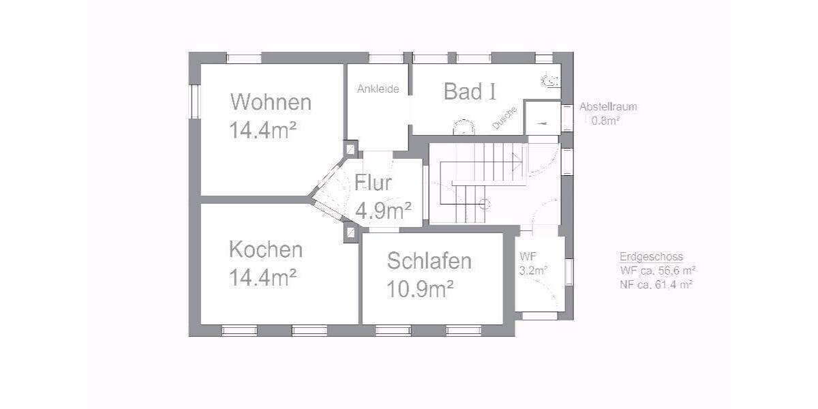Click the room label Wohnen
[x=271, y=102]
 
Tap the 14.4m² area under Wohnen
[x=262, y=130]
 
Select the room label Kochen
[x=265, y=249]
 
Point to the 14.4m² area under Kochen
[x=262, y=277]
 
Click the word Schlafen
[x=429, y=260]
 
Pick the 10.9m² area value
[x=420, y=289]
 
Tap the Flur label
[x=373, y=183]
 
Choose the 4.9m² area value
[x=383, y=211]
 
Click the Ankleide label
[x=378, y=89]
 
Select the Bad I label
[x=470, y=91]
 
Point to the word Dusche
[x=505, y=117]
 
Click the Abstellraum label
[x=608, y=107]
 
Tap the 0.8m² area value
[x=605, y=121]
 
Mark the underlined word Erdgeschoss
[x=651, y=257]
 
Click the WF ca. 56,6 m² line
[x=656, y=271]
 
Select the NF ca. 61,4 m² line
[x=656, y=285]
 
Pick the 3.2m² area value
[x=533, y=270]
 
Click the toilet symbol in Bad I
[x=550, y=82]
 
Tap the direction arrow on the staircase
[x=516, y=162]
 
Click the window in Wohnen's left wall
[x=194, y=102]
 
